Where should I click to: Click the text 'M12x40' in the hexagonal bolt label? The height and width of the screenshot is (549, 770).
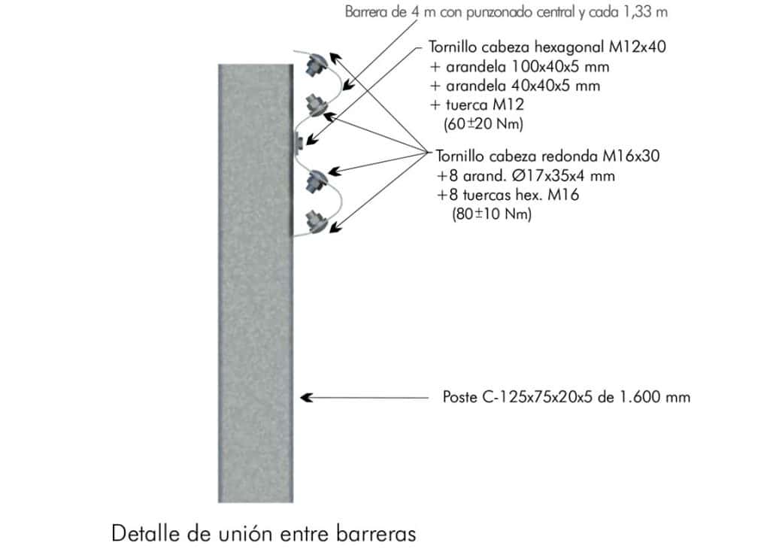638,47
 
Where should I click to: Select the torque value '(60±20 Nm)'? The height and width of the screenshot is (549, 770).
484,123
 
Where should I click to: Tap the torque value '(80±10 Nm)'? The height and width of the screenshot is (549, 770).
492,214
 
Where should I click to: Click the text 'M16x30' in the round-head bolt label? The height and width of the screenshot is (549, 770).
631,156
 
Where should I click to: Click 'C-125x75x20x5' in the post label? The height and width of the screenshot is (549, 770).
538,397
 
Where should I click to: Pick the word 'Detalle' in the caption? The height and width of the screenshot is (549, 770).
144,533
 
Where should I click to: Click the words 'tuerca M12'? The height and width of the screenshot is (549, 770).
485,105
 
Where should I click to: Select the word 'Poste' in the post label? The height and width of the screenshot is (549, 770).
459,397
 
